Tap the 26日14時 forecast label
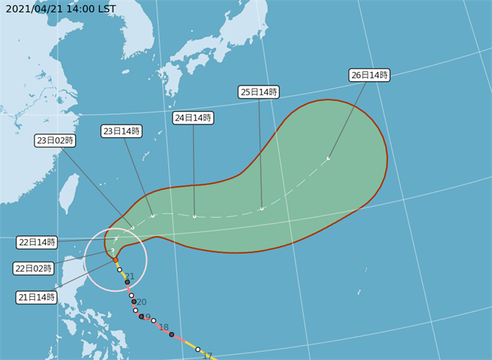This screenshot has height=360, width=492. (x=369, y=75)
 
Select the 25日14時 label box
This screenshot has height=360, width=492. (x=259, y=92)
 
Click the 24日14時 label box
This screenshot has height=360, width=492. (x=193, y=118)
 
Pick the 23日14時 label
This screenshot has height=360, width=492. (x=121, y=131)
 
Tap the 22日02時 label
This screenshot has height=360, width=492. (x=34, y=268)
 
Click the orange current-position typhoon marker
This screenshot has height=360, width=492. (x=115, y=259)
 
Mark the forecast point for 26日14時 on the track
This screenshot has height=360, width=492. (x=328, y=158)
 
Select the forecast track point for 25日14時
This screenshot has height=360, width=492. (x=262, y=208)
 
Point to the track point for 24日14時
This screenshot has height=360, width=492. (x=194, y=217)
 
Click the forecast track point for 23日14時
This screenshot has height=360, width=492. (x=152, y=216)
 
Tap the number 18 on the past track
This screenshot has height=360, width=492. (x=163, y=327)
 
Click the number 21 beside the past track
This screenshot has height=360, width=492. (x=130, y=277)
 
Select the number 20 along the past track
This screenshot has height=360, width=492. (x=141, y=302)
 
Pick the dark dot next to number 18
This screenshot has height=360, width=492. (x=172, y=334)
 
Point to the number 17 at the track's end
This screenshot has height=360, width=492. (x=208, y=355)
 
